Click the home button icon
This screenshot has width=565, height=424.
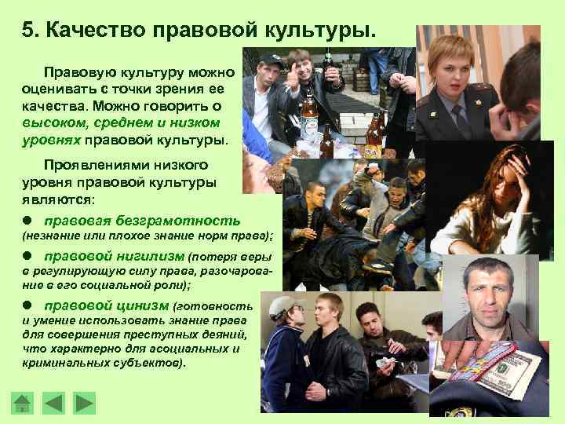(22, 403)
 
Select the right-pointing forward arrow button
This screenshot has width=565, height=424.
(84, 403)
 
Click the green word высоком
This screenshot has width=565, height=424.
(54, 123)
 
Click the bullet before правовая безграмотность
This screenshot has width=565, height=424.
(27, 220)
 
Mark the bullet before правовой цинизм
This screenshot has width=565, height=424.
(27, 305)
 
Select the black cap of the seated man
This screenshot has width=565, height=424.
(268, 60)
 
